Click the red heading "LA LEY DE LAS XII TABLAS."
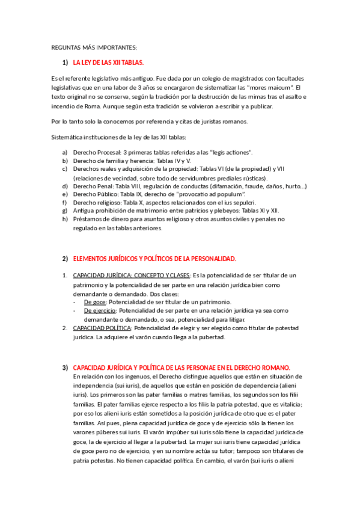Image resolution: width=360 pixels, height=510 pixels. (x=108, y=63)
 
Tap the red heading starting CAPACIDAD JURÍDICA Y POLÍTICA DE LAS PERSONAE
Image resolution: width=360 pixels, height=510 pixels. (x=181, y=367)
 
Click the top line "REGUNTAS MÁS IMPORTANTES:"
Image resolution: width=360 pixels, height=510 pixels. (x=94, y=47)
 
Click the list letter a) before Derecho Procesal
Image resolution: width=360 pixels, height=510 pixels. (x=65, y=152)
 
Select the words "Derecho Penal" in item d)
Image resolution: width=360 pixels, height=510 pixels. (x=91, y=186)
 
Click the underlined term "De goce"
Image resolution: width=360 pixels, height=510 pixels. (x=95, y=301)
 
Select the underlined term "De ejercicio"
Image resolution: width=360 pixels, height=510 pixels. (x=99, y=310)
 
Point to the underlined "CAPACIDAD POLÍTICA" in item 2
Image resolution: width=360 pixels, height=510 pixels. (x=102, y=328)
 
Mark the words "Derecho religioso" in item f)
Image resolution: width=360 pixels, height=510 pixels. (x=97, y=203)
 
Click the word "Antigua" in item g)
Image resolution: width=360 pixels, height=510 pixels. (x=85, y=212)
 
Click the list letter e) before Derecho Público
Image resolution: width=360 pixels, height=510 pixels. (x=65, y=195)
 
